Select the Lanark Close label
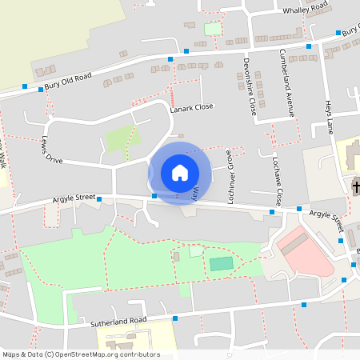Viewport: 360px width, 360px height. [x=192, y=107]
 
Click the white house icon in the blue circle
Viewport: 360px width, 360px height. [x=180, y=173]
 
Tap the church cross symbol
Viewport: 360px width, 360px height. [x=355, y=187]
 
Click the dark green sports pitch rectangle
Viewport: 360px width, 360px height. [x=222, y=263]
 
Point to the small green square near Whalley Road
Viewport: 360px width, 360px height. [x=212, y=30]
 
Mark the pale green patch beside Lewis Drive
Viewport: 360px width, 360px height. [x=120, y=138]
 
